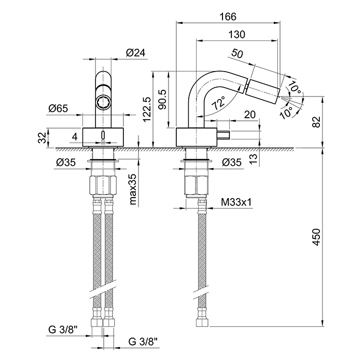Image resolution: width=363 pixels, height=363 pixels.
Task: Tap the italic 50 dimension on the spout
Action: (238, 53)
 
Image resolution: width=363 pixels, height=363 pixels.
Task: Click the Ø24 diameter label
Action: (135, 52)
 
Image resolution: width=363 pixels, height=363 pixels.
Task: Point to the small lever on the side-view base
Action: (224, 136)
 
